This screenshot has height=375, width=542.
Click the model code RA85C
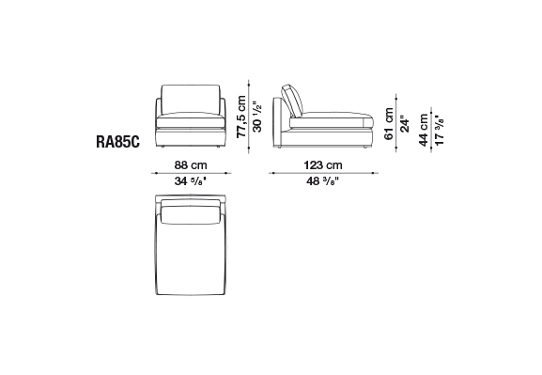pyautogui.click(x=117, y=142)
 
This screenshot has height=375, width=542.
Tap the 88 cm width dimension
pyautogui.click(x=191, y=165)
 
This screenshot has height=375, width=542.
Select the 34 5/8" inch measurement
pyautogui.click(x=191, y=181)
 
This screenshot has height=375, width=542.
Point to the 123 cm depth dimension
pyautogui.click(x=323, y=165)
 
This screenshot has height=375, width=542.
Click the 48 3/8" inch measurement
pyautogui.click(x=323, y=181)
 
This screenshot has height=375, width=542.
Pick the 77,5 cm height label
pyautogui.click(x=241, y=117)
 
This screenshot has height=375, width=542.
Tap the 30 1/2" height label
pyautogui.click(x=257, y=117)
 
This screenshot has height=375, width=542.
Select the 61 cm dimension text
pyautogui.click(x=389, y=123)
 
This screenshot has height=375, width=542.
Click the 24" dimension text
pyautogui.click(x=405, y=123)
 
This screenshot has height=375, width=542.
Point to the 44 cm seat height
pyautogui.click(x=424, y=130)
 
